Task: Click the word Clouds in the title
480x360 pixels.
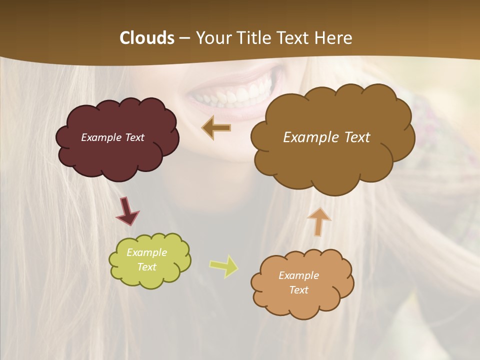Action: click(147, 38)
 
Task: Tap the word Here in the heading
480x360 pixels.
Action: click(334, 38)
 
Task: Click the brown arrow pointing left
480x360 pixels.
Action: click(216, 128)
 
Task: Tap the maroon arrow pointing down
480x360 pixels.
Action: click(127, 211)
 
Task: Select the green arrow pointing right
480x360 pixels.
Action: click(224, 266)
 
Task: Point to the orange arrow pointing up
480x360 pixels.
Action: click(319, 221)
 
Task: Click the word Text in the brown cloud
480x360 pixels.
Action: click(357, 137)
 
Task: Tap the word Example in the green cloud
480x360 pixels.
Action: click(146, 252)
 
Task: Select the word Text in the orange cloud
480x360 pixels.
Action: click(298, 290)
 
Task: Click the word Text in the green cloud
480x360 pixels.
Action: click(146, 267)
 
